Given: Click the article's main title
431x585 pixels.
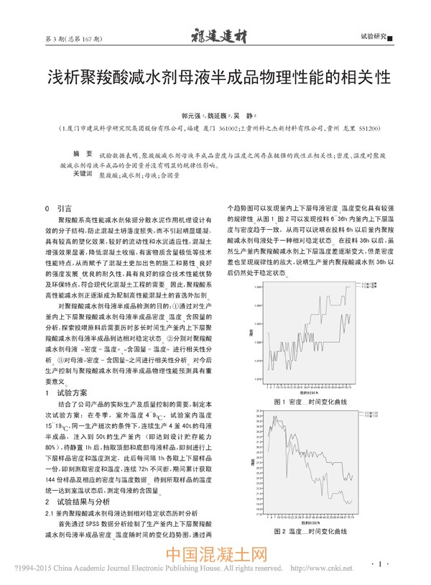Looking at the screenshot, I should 215,77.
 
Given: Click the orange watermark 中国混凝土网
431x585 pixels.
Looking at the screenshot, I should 217,556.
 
